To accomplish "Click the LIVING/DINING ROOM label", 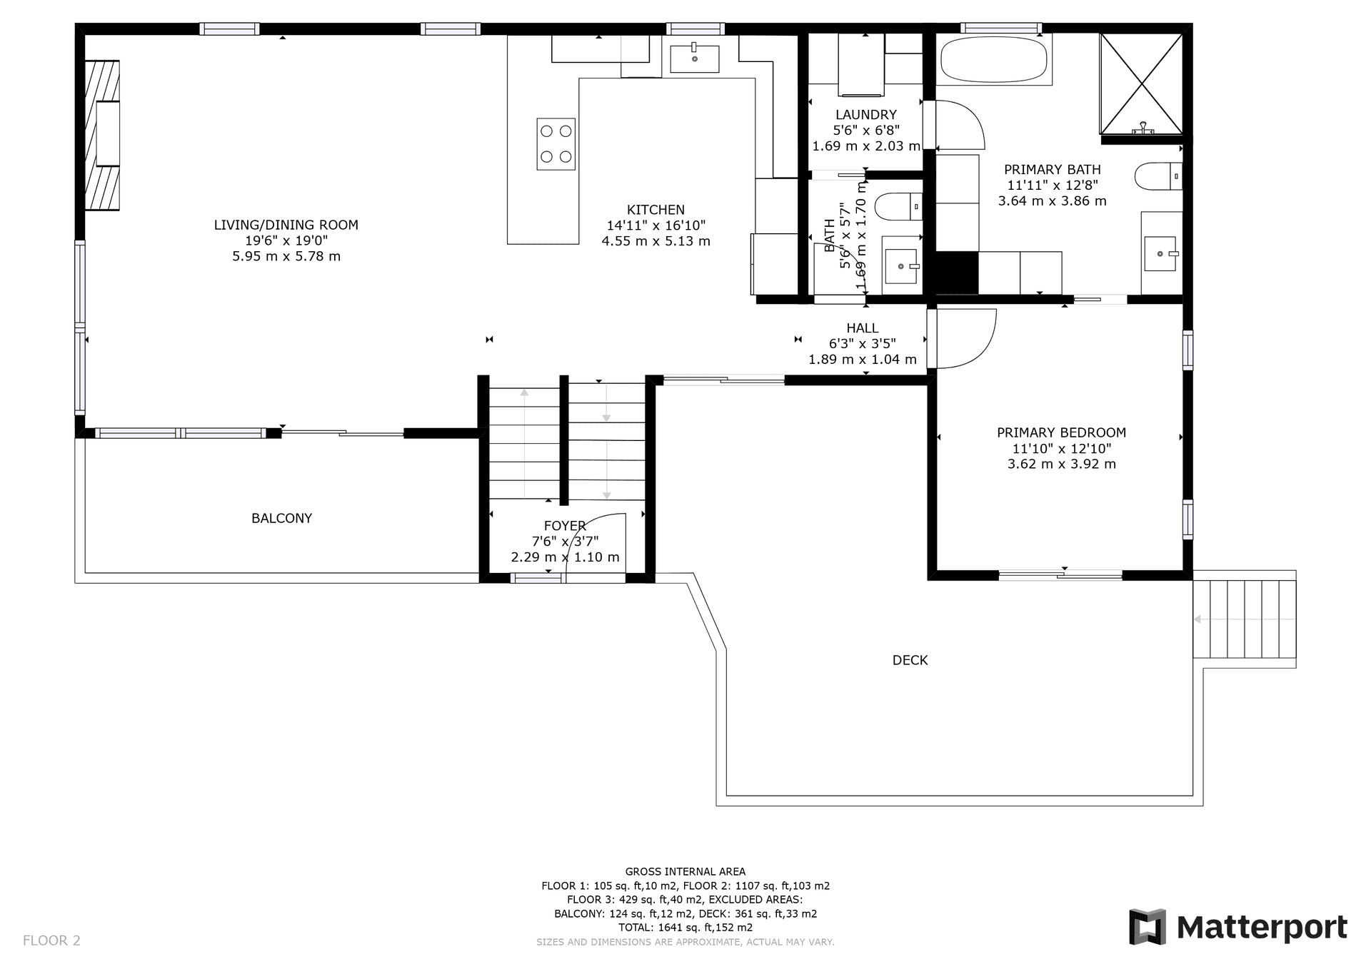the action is click(286, 225).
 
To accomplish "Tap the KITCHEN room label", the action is click(656, 210).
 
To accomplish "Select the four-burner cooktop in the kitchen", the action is click(556, 144).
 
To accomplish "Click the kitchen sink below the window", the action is click(695, 57).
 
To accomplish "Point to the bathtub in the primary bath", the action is click(994, 60).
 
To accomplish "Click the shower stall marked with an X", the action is click(1141, 83).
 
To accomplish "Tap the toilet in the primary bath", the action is click(1157, 176).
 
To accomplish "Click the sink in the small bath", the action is click(903, 265).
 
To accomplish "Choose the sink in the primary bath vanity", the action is click(1161, 253).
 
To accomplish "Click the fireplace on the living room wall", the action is click(102, 135).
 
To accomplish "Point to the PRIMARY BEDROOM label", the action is click(1061, 432).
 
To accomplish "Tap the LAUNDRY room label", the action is click(865, 114).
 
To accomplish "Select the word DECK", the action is click(910, 660).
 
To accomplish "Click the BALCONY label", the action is click(281, 518).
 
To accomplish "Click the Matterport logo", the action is click(1238, 927).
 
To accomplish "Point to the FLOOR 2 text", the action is click(51, 940).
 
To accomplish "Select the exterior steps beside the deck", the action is click(1244, 619).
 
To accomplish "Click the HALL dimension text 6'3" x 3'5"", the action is click(862, 343).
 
